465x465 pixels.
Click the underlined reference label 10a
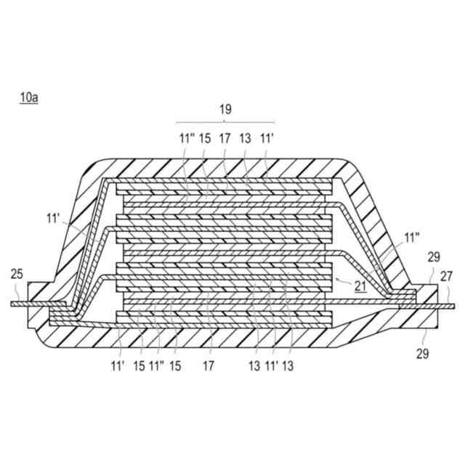pyautogui.click(x=29, y=97)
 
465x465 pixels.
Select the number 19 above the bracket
pyautogui.click(x=225, y=110)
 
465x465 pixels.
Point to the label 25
pyautogui.click(x=17, y=274)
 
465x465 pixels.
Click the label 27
pyautogui.click(x=446, y=276)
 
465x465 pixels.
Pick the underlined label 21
pyautogui.click(x=360, y=286)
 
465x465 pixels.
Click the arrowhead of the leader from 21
pyautogui.click(x=336, y=278)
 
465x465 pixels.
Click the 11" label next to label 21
pyautogui.click(x=412, y=238)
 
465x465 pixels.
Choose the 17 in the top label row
pyautogui.click(x=225, y=137)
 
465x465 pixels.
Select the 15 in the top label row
pyautogui.click(x=205, y=137)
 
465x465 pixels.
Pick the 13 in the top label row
pyautogui.click(x=245, y=137)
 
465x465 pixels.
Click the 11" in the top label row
pyautogui.click(x=186, y=137)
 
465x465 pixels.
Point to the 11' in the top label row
pyautogui.click(x=266, y=137)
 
